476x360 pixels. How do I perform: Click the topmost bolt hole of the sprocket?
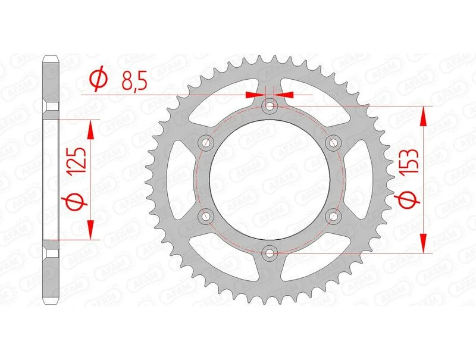click(x=271, y=106)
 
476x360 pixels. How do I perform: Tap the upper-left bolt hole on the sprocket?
click(x=207, y=143)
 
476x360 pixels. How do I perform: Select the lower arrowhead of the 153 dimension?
click(x=423, y=243)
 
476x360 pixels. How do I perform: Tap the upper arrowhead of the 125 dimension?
click(x=90, y=129)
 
